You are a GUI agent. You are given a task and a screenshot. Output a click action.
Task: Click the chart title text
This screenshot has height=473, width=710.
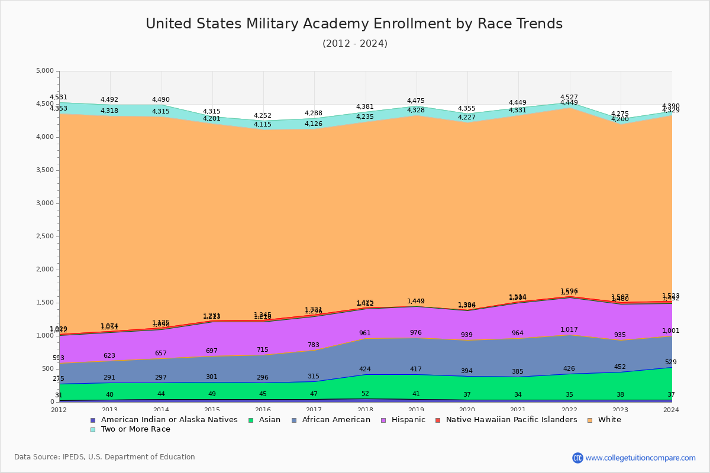(354, 24)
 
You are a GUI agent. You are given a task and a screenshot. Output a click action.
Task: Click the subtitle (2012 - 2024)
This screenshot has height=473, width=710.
(355, 44)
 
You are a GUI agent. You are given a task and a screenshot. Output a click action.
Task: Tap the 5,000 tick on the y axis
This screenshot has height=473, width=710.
(45, 71)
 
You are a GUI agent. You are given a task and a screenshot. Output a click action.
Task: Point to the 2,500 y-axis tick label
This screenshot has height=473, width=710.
(45, 237)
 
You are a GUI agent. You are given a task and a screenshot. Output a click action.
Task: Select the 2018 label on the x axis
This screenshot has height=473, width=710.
(366, 410)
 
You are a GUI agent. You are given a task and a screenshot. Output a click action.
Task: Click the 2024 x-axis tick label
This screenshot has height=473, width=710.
(672, 410)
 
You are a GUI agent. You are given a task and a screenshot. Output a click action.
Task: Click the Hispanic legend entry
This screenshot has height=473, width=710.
(404, 420)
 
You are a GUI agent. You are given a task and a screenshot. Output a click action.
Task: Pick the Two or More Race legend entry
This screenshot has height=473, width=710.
(135, 429)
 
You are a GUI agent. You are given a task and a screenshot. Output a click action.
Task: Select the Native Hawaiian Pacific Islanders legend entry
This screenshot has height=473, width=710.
(511, 420)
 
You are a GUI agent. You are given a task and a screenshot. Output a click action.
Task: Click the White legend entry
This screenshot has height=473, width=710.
(609, 420)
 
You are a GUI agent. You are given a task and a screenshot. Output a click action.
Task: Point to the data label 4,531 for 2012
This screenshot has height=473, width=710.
(59, 98)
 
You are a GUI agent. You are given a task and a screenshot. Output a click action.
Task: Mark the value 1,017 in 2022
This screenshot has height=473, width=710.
(569, 330)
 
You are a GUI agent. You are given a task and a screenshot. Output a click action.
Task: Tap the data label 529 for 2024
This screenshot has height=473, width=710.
(670, 362)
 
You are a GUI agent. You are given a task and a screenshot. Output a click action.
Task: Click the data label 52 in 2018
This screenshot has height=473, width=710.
(365, 394)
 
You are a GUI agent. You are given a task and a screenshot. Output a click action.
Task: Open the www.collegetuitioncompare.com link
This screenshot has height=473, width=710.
(640, 458)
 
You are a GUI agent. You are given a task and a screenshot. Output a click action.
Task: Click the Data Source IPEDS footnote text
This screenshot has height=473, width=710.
(105, 457)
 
